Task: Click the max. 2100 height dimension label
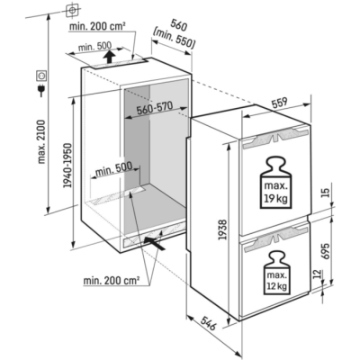coord(41,141)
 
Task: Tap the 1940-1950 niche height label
coord(67,165)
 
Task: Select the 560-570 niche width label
coord(155,108)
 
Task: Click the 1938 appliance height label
coord(223,229)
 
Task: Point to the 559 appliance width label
coord(280,103)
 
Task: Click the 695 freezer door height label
coord(326,251)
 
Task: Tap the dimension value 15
coord(326,192)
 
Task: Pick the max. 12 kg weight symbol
coord(277,273)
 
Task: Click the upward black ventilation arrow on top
coord(110,57)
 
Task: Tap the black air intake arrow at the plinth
coord(155,243)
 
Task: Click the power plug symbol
coord(40,90)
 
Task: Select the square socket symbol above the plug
coord(40,76)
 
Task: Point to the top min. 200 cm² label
coord(97,26)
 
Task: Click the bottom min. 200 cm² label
coord(112,281)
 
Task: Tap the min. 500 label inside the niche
coord(113,170)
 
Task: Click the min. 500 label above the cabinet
coord(94,47)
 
